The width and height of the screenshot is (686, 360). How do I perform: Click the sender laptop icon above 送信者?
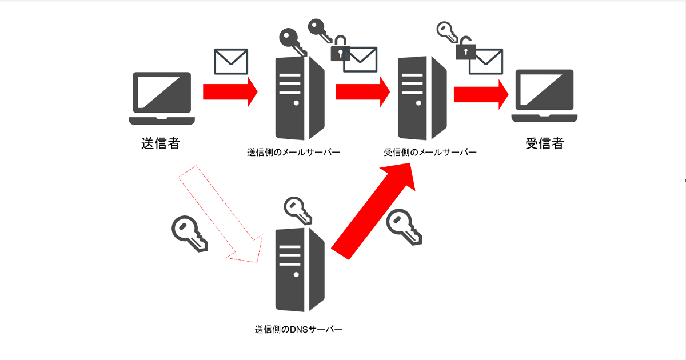point(162,98)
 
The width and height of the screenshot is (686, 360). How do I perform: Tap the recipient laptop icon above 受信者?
point(544,96)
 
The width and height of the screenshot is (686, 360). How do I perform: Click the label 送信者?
point(161,143)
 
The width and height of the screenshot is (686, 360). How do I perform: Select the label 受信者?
point(544,143)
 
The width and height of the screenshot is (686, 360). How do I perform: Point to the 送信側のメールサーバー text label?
point(293,152)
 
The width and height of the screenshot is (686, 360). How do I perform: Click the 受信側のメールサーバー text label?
point(430,152)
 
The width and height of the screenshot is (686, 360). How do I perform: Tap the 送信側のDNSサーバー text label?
point(298,329)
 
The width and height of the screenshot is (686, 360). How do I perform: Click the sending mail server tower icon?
point(300,98)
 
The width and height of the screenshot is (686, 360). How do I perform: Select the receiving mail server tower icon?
point(422,98)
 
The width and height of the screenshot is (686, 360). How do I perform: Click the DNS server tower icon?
point(300,270)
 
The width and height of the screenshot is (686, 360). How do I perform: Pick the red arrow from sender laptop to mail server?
point(230,91)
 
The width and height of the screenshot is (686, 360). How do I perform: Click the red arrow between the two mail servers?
point(363,91)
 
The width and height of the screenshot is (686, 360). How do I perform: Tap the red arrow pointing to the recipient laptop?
point(481,94)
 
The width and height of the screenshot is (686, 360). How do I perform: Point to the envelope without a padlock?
point(231,62)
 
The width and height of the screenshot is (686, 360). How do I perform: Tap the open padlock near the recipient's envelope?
point(465,49)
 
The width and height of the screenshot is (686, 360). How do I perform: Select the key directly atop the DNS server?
point(298,211)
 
